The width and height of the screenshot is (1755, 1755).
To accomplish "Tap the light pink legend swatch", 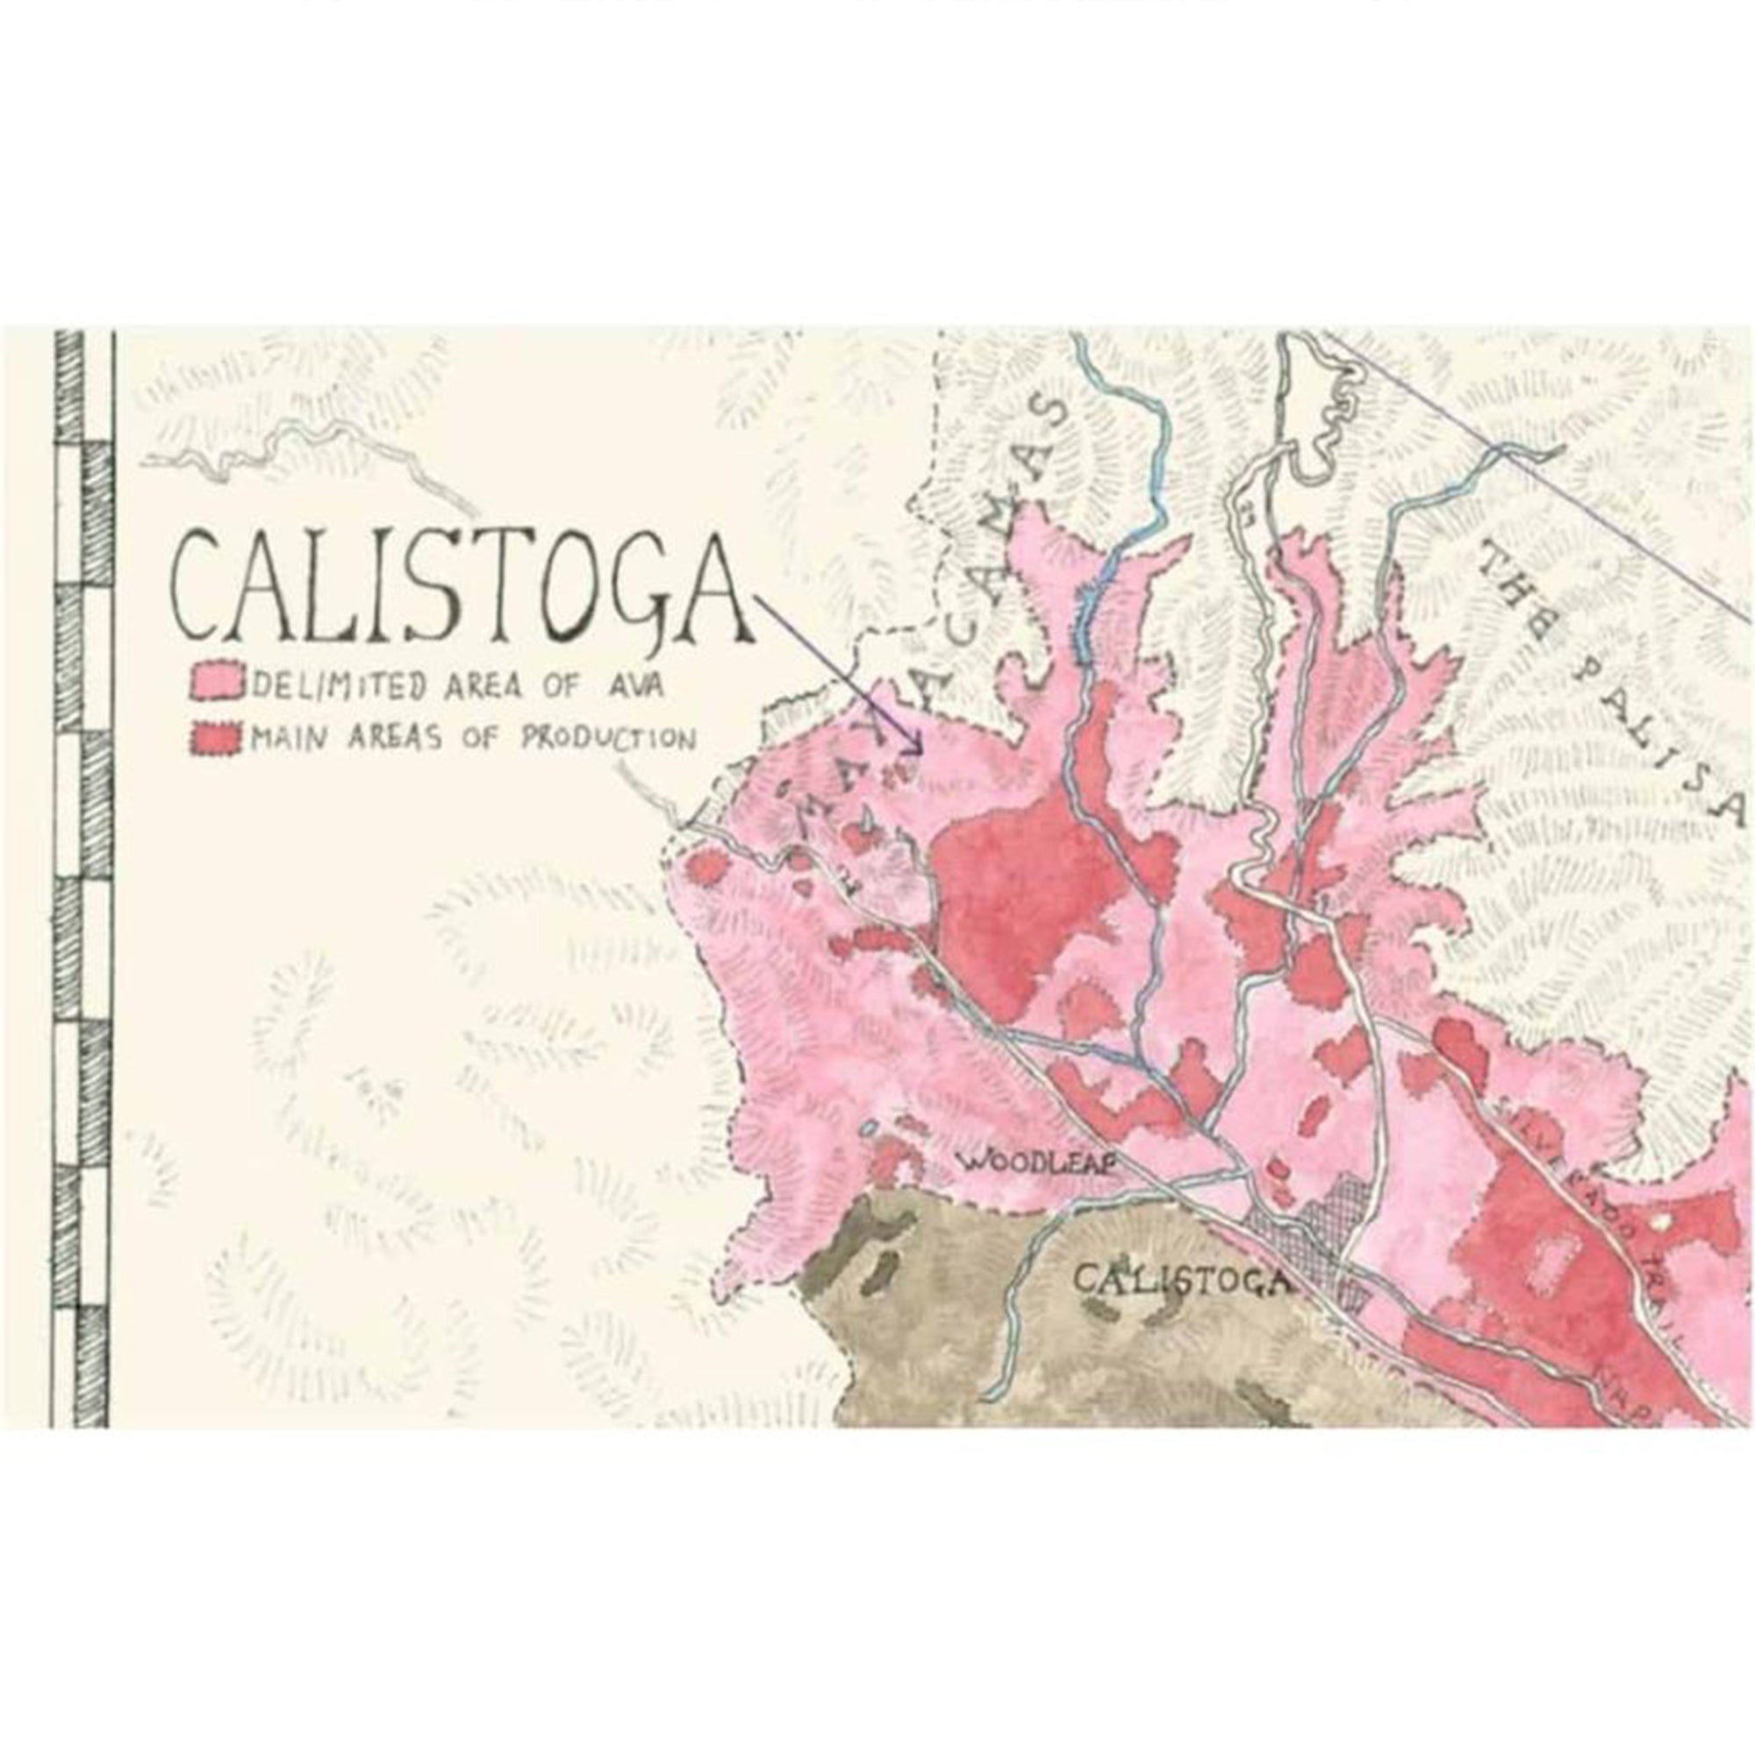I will (x=215, y=683).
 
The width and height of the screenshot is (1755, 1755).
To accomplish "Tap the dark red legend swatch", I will (x=215, y=736).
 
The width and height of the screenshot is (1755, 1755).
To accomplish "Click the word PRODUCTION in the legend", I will (x=607, y=738).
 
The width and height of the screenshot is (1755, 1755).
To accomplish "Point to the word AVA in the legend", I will (x=632, y=686).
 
